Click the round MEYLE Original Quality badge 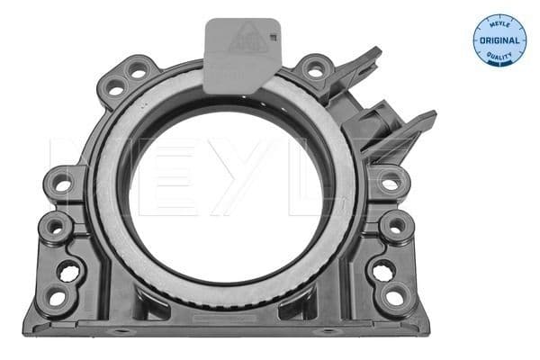tap(499, 40)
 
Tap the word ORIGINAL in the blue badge tap(499, 41)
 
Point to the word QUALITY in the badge tap(499, 56)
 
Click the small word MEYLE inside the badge tap(499, 25)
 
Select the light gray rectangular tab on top tap(240, 55)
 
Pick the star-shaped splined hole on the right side tap(382, 267)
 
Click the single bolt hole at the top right tap(313, 67)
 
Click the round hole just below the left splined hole tap(58, 296)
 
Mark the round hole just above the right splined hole tap(394, 225)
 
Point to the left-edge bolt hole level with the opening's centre tap(63, 184)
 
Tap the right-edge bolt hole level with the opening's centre tap(390, 183)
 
